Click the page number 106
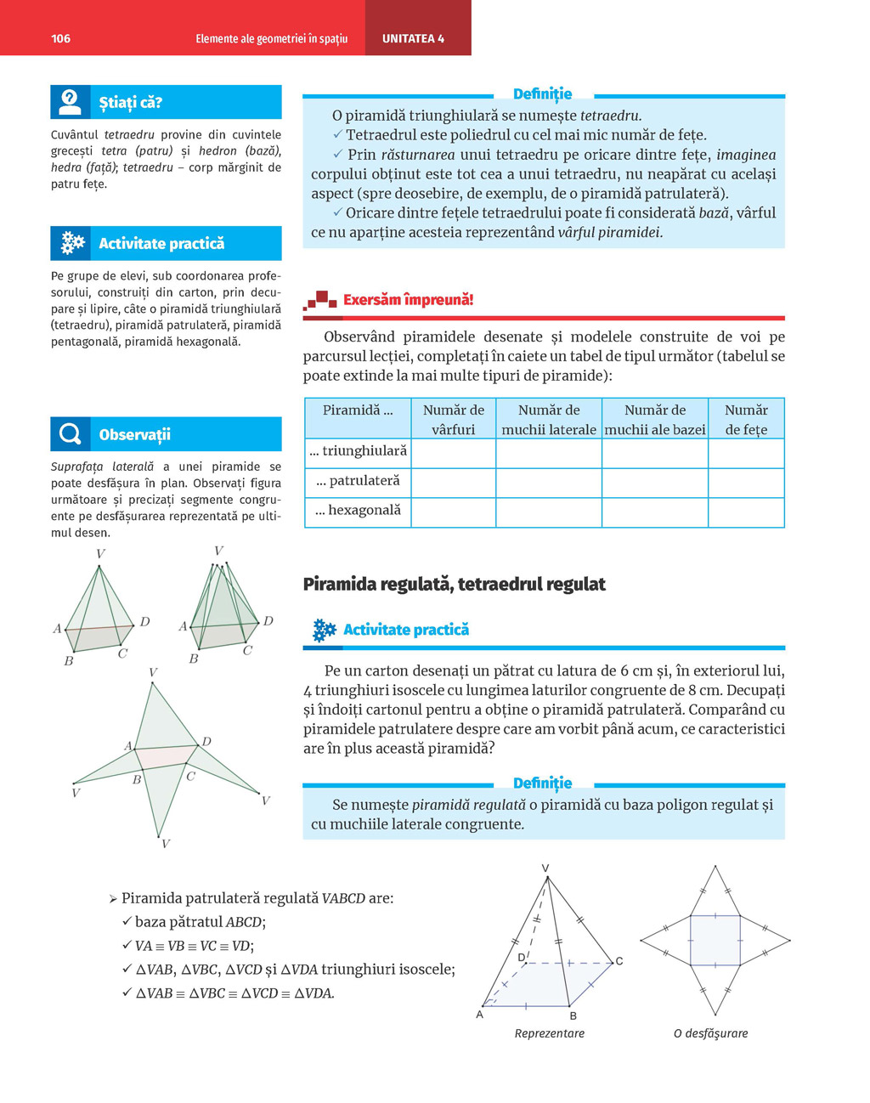[60, 38]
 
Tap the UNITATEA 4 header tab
[413, 38]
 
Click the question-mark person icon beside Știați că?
[71, 102]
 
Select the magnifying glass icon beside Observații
[71, 434]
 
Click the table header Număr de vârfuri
[453, 419]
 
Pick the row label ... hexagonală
[358, 511]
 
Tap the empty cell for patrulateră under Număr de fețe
[745, 482]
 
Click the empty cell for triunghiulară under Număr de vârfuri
[453, 452]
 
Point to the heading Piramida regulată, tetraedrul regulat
[454, 584]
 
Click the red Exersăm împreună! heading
[408, 299]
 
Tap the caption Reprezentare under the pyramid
[549, 1033]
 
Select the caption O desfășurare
[710, 1033]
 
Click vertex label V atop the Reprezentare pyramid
[545, 868]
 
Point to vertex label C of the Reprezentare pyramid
[619, 961]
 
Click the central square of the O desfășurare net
[715, 940]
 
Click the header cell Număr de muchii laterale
[548, 419]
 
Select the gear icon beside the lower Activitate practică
[324, 630]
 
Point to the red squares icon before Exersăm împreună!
[321, 299]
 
